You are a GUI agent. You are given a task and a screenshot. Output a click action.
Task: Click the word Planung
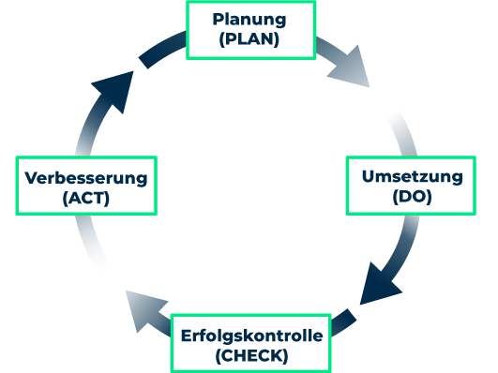(x=249, y=20)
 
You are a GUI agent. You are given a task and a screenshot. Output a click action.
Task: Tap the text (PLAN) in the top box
(x=249, y=40)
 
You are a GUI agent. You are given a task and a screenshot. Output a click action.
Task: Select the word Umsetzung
(x=412, y=175)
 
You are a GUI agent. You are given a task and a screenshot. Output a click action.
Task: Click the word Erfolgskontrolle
(x=250, y=336)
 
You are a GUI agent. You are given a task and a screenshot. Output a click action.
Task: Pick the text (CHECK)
(x=250, y=356)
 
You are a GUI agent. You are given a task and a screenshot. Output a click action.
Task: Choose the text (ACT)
(x=86, y=198)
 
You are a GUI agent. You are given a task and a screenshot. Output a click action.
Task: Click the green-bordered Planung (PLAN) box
(x=251, y=30)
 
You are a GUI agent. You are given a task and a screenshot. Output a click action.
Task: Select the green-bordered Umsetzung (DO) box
(x=412, y=186)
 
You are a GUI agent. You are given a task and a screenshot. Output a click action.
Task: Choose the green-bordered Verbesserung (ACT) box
(x=86, y=187)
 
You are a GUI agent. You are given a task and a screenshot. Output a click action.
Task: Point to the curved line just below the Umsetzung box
(x=404, y=239)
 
